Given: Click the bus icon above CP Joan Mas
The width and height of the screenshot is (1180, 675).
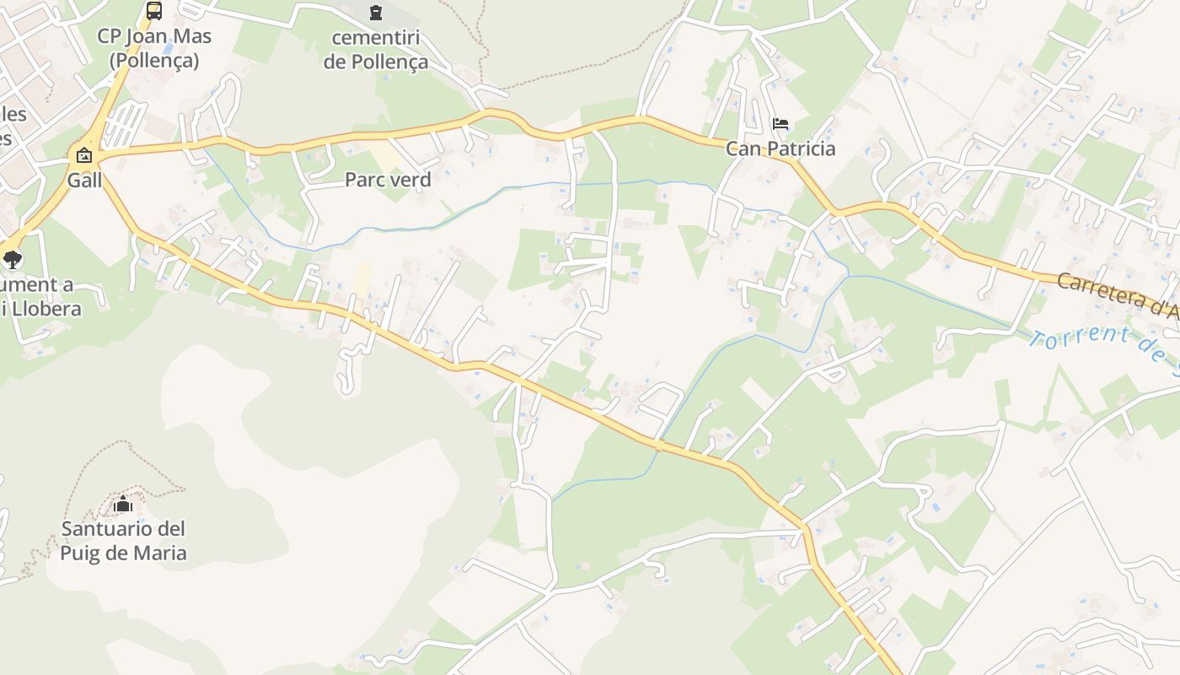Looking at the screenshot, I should point(153,11).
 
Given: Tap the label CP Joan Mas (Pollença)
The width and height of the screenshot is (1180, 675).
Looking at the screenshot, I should point(154,48).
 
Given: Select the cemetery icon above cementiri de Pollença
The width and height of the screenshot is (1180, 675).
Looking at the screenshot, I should point(375,12).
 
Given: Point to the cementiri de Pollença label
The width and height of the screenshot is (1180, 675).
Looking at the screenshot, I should point(375,50).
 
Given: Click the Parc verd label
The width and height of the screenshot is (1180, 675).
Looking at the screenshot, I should point(388,180).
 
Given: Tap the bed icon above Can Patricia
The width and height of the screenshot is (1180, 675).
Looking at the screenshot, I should point(780,124).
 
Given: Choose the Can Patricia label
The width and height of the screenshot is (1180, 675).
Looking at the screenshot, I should point(780,149).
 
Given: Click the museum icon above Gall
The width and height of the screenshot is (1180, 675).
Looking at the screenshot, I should point(84,155).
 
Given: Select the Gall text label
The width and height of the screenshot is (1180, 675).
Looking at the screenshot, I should point(84,180).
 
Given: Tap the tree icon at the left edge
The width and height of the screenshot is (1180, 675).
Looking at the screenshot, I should point(12,259).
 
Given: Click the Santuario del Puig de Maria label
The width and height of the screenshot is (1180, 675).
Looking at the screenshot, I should point(123,541).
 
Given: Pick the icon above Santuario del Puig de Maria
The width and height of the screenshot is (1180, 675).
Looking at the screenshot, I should point(123,505).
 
